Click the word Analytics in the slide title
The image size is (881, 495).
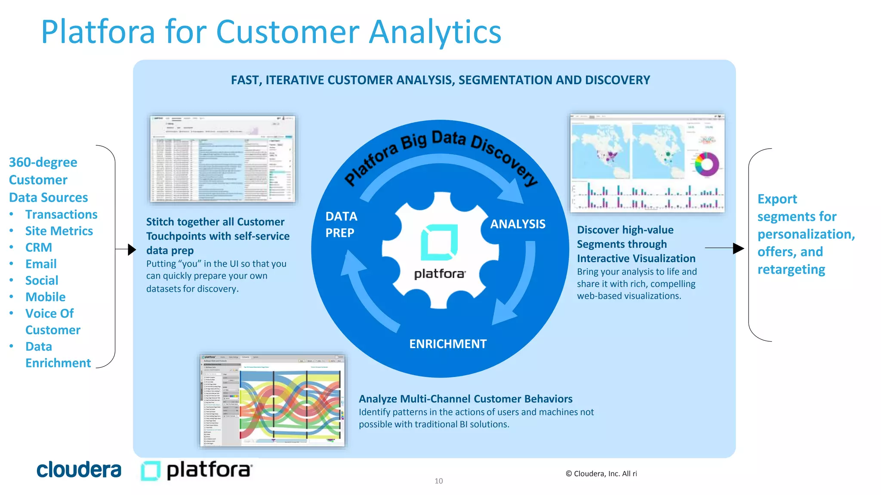[x=435, y=32]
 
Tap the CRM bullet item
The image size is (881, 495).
[x=39, y=247]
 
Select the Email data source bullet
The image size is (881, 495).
[x=41, y=264]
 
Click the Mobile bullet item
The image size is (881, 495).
[x=45, y=297]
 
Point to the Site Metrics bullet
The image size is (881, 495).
[x=59, y=231]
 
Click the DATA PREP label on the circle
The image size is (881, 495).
[x=341, y=224]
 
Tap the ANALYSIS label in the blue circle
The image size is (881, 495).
[x=518, y=224]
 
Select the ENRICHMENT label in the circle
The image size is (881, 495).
[x=448, y=344]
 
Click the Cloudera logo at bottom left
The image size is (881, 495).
[x=79, y=470]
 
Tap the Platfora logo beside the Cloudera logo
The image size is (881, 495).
[x=197, y=471]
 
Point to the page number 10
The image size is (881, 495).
[x=438, y=481]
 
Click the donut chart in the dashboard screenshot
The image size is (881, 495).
[x=707, y=164]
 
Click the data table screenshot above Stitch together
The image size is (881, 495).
[x=222, y=159]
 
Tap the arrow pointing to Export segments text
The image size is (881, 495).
[x=738, y=248]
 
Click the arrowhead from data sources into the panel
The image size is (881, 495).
[x=132, y=249]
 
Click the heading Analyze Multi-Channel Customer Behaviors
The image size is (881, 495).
[x=465, y=399]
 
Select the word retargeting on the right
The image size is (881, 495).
[x=791, y=269]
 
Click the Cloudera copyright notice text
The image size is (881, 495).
[x=601, y=474]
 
